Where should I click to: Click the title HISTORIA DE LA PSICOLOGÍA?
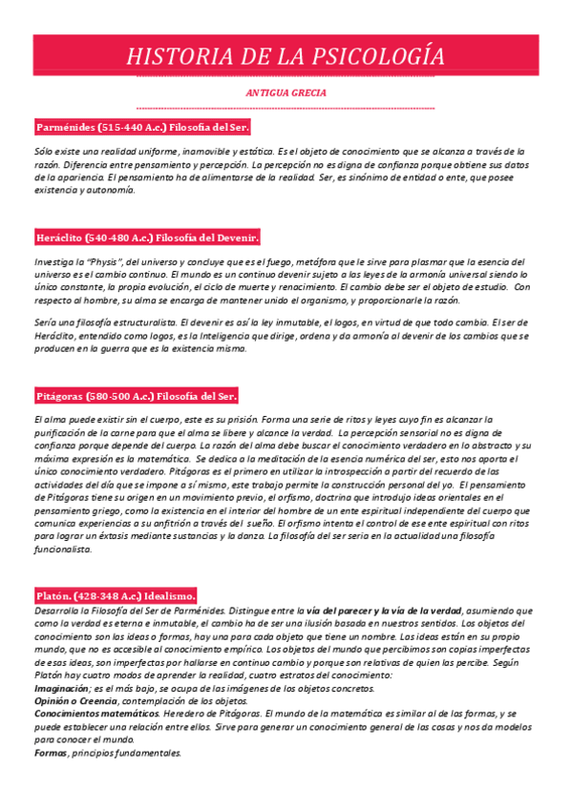pos(286,55)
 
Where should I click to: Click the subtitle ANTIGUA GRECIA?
pos(286,93)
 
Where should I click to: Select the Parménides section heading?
pos(142,127)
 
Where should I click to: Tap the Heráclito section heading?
pos(146,237)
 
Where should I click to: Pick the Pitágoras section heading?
pos(136,396)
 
